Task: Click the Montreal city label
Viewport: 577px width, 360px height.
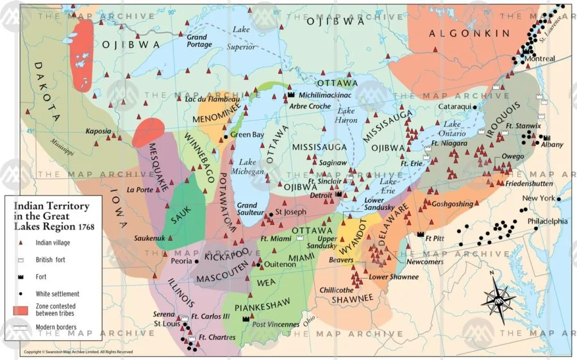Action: point(539,59)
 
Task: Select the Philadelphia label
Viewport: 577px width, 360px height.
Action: point(546,221)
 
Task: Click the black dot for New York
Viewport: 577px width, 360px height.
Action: point(558,199)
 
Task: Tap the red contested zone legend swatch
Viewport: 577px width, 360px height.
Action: point(21,310)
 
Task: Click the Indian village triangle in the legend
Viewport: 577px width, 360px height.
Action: point(21,243)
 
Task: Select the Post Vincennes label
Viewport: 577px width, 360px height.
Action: point(276,325)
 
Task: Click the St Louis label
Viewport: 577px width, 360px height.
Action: point(165,324)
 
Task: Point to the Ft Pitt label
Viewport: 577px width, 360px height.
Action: point(435,237)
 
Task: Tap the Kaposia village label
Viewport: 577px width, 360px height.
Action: point(97,131)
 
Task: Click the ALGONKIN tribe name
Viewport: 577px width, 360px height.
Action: point(469,33)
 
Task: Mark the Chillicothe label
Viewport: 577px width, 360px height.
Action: point(337,290)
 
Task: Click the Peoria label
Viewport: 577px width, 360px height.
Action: point(181,261)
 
